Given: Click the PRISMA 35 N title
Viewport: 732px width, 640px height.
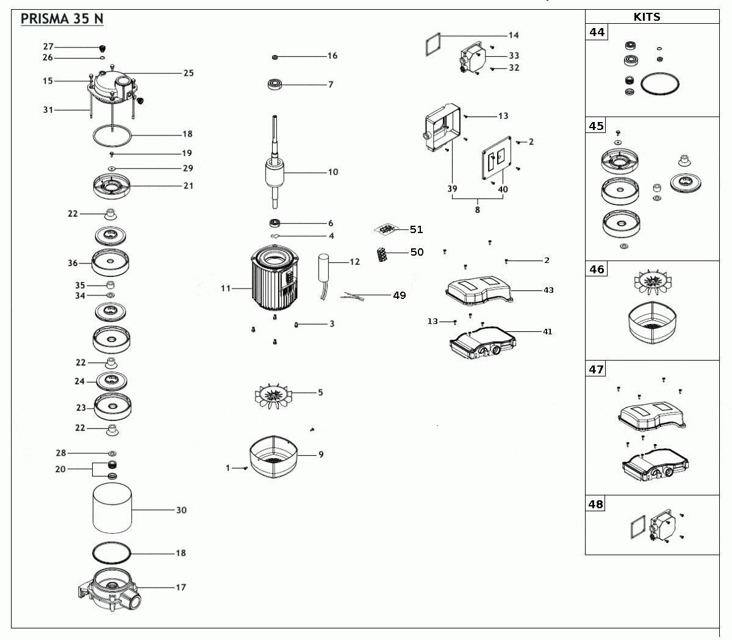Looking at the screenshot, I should point(62,18).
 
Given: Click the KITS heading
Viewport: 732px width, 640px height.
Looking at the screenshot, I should point(647,17).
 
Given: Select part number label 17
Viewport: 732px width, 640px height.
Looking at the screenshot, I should point(181,588).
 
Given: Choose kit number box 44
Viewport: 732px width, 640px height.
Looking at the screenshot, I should point(597,32).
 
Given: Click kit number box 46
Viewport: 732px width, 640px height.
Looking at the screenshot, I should point(597,269).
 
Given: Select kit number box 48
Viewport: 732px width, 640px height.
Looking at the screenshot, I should point(596,505).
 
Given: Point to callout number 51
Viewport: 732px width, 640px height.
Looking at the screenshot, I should point(417,229).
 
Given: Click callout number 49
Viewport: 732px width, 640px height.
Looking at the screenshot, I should point(399,295).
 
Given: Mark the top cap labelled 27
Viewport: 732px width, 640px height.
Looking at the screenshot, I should point(103,48).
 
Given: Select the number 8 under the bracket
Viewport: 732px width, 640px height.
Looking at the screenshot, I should point(477,210).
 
